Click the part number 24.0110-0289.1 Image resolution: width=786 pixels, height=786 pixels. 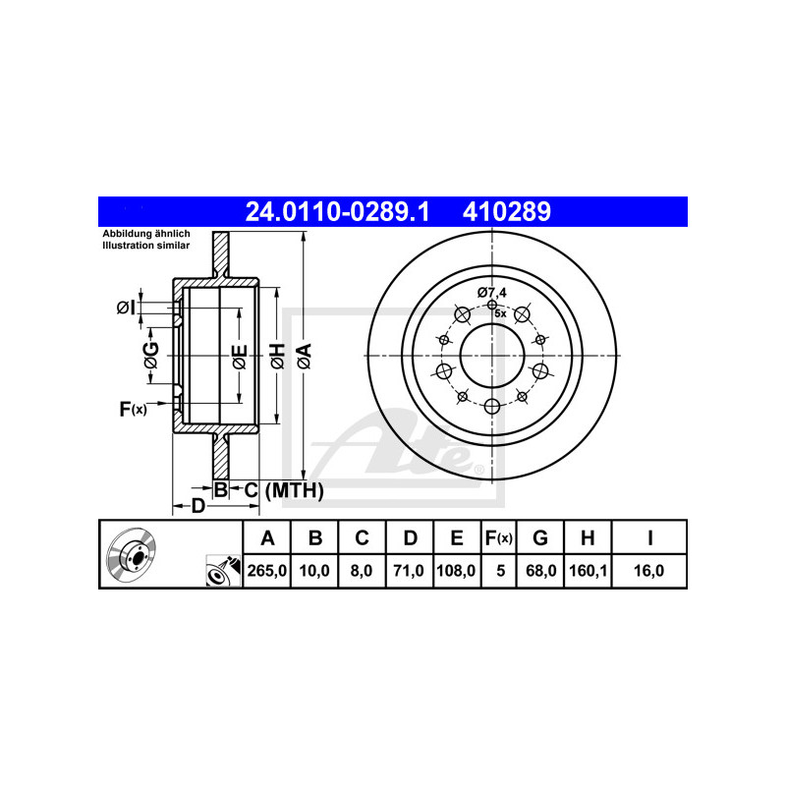(x=337, y=211)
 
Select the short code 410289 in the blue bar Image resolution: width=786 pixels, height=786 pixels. (x=507, y=211)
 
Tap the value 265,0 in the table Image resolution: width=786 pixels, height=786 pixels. (x=266, y=571)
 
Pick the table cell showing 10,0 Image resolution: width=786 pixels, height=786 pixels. (x=314, y=571)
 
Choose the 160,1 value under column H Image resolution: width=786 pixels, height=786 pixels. (x=588, y=571)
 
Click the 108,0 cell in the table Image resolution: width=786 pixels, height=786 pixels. (x=456, y=571)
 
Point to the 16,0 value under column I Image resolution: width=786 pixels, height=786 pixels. (x=648, y=571)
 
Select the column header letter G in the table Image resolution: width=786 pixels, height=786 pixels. (x=539, y=537)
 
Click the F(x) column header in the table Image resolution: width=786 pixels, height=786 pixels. (x=499, y=537)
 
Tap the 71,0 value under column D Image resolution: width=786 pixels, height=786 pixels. (x=409, y=571)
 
